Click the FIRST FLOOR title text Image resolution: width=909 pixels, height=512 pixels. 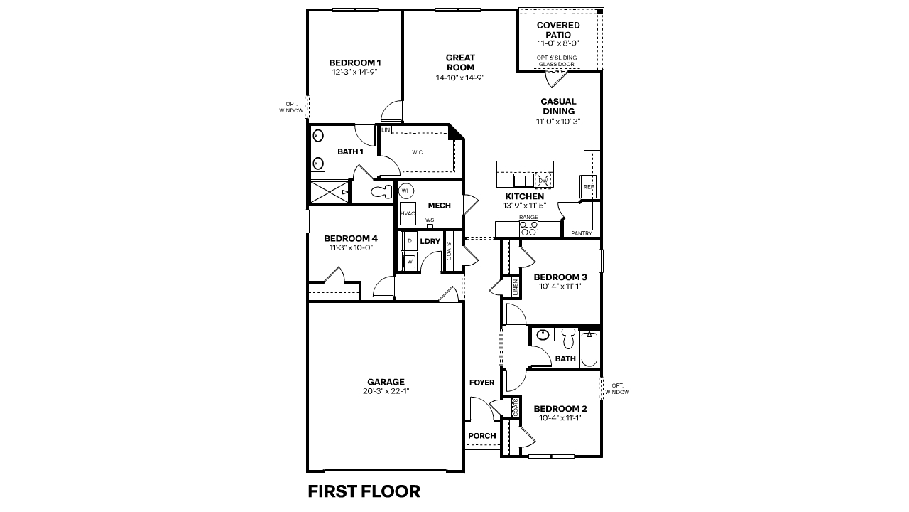click(364, 491)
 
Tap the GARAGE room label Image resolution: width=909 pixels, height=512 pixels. click(386, 382)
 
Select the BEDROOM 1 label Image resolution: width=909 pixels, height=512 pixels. click(355, 62)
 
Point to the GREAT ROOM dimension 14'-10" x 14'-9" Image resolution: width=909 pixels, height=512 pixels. click(460, 78)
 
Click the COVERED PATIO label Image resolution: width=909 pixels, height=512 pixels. click(558, 30)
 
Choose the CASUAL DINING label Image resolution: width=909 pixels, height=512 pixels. click(558, 106)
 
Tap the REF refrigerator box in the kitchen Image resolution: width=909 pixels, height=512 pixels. click(588, 187)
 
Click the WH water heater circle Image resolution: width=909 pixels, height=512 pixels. click(406, 191)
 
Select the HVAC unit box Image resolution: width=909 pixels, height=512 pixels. click(408, 214)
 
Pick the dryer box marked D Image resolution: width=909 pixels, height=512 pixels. click(410, 241)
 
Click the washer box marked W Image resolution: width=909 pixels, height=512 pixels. click(410, 261)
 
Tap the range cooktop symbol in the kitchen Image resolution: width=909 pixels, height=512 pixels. click(528, 228)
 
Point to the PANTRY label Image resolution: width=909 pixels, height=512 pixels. click(582, 233)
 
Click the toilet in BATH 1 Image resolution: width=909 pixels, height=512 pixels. click(381, 191)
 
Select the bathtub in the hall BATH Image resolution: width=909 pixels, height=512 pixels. click(589, 349)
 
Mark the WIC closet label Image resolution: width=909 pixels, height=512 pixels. click(418, 152)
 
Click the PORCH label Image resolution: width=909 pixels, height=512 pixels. click(481, 436)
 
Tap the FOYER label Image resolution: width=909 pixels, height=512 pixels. click(481, 383)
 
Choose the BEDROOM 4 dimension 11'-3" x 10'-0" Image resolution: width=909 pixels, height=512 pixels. click(351, 248)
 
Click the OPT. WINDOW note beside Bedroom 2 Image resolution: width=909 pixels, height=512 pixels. click(617, 389)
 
